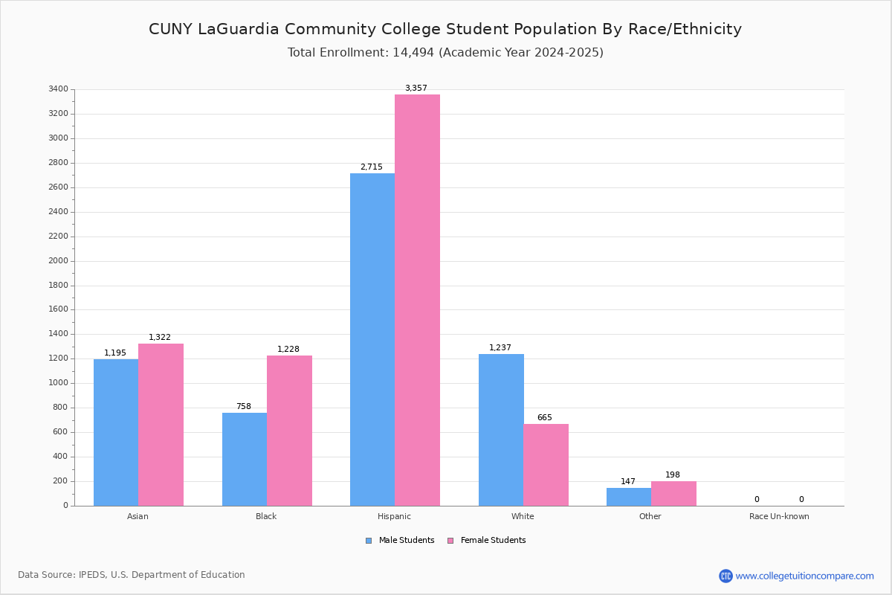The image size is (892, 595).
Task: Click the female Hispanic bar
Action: pos(417,300)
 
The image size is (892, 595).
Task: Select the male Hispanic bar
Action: pos(372,340)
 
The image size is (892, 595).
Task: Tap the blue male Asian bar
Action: pos(116,432)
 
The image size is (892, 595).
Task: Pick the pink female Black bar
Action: pos(289,431)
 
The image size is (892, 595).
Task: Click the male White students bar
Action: pos(501,430)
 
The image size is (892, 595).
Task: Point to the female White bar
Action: pos(546,465)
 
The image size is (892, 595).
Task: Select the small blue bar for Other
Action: pos(629,497)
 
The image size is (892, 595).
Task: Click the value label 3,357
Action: pos(416,88)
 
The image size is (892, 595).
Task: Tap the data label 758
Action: pos(244,406)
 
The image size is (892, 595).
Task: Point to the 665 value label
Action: pos(545,417)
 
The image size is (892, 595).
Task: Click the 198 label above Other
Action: pos(673,475)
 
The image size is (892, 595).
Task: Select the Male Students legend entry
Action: pos(400,540)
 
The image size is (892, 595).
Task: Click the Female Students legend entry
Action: pos(487,540)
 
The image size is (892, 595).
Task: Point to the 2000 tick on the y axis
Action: pos(58,260)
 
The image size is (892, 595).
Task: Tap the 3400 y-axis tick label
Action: pos(58,89)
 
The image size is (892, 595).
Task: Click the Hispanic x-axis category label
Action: pos(394,516)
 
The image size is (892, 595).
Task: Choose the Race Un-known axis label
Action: pos(779,516)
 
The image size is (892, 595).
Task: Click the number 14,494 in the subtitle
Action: pos(413,52)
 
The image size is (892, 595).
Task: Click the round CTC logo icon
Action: pos(726,576)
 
